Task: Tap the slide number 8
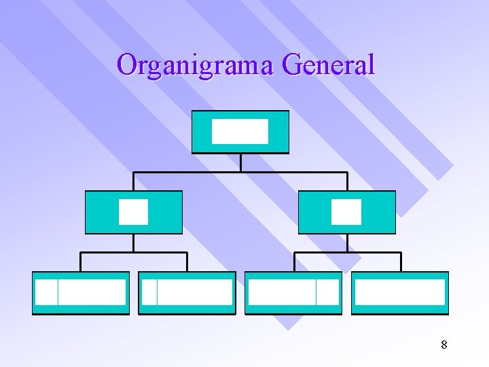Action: pyautogui.click(x=443, y=345)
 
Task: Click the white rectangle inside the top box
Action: pyautogui.click(x=240, y=131)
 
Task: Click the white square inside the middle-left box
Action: pyautogui.click(x=133, y=212)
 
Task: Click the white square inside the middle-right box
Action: pyautogui.click(x=346, y=212)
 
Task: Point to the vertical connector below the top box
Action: pyautogui.click(x=240, y=162)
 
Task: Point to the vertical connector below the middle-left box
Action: pyautogui.click(x=134, y=243)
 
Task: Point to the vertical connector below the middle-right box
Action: pyautogui.click(x=347, y=243)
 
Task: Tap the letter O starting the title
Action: pyautogui.click(x=126, y=65)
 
